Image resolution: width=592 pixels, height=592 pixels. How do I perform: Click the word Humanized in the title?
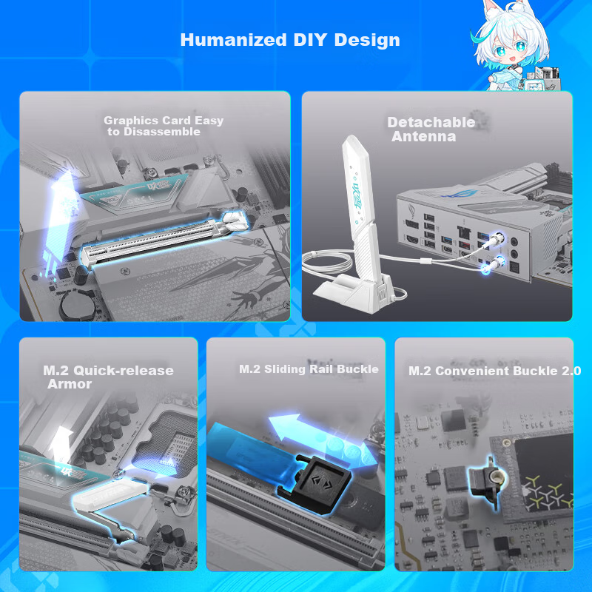(x=233, y=40)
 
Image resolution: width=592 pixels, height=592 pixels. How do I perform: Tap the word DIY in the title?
(x=310, y=40)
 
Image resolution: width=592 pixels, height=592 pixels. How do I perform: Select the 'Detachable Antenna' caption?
(x=431, y=129)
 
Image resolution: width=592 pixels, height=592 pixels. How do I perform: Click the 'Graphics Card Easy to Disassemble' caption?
(x=164, y=126)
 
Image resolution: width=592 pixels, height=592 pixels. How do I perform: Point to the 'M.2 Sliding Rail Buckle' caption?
(x=309, y=369)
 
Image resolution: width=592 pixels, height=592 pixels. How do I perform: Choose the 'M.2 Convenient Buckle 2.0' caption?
(x=494, y=371)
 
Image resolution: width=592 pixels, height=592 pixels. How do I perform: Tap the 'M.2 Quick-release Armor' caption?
(x=108, y=377)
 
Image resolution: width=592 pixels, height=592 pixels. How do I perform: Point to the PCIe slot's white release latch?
(x=235, y=221)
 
